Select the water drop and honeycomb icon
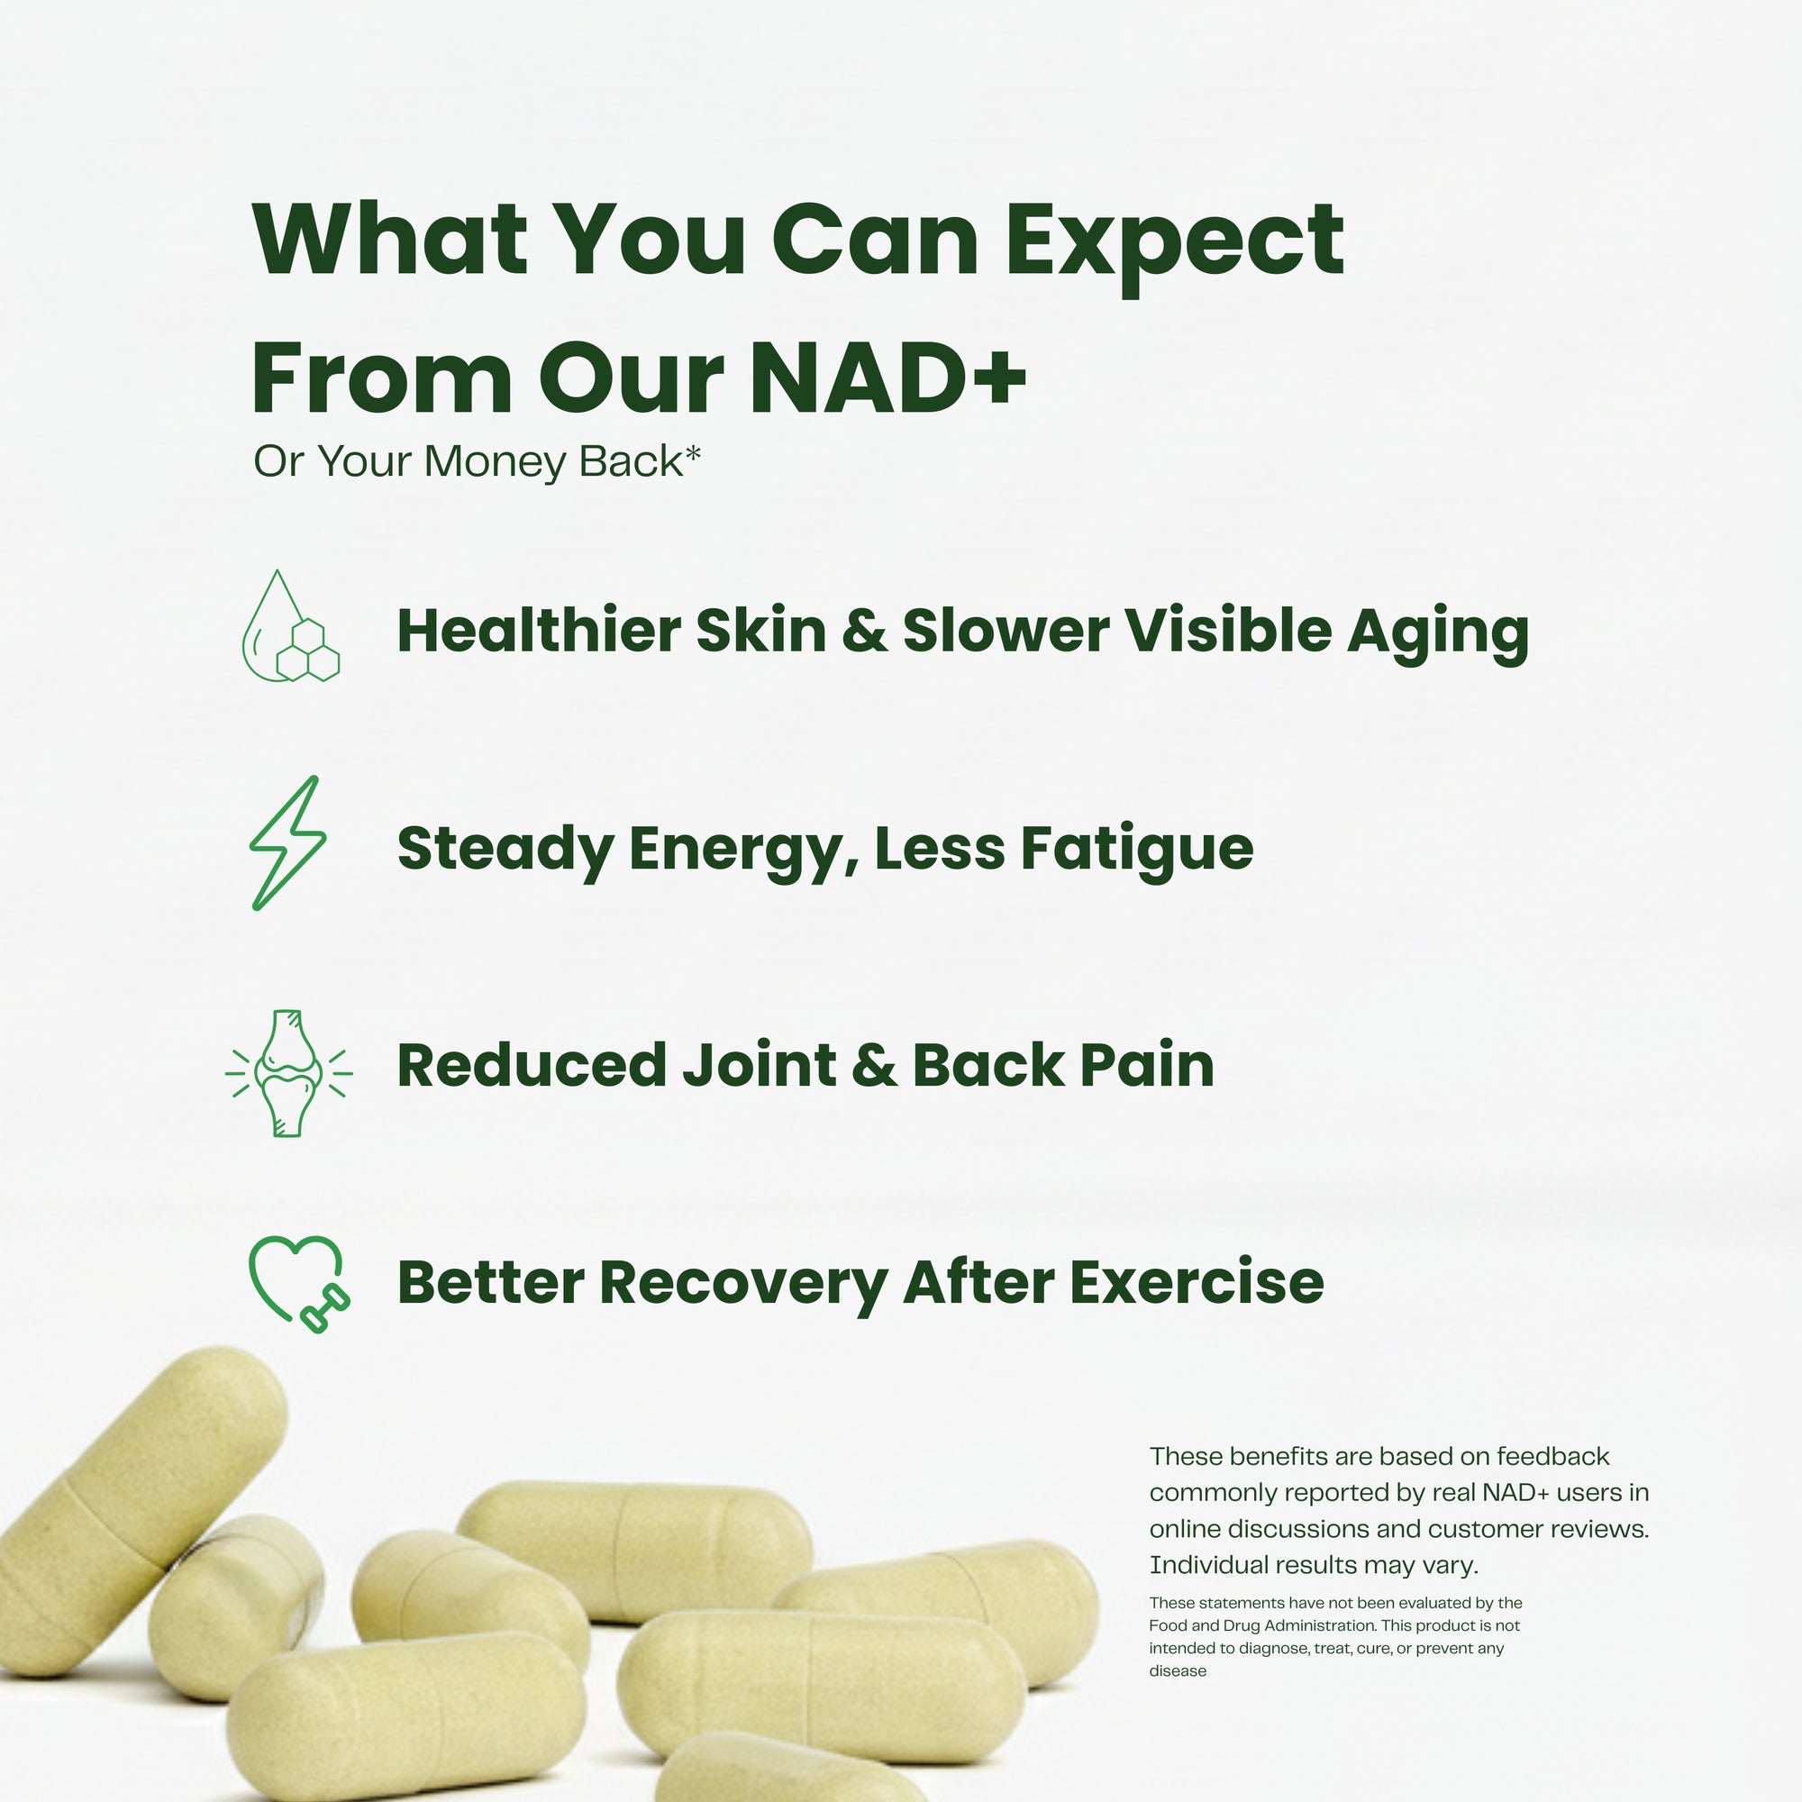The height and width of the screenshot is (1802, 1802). coord(290,627)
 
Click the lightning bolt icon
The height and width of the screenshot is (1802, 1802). coord(287,843)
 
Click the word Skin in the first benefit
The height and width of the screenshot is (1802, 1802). coord(760,631)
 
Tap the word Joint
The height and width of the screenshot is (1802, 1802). coord(760,1065)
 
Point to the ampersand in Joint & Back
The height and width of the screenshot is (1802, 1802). coord(874,1066)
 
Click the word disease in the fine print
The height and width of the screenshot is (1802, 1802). coord(1177,1670)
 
